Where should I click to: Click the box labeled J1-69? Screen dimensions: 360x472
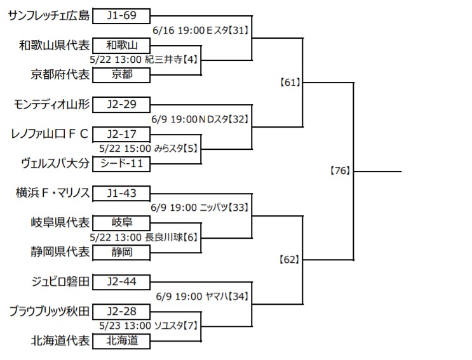(122, 15)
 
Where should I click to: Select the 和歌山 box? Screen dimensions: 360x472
(122, 44)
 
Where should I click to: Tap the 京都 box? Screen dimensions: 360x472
(122, 74)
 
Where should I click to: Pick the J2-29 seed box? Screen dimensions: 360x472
(122, 104)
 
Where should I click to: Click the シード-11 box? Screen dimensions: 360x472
(122, 164)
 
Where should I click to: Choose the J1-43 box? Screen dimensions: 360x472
(122, 193)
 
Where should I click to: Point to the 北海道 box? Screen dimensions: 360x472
(122, 341)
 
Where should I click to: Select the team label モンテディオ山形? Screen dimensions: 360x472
(51, 104)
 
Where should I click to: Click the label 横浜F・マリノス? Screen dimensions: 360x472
(52, 193)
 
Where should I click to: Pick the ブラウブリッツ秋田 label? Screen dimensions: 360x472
(49, 311)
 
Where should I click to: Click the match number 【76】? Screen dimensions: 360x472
(341, 171)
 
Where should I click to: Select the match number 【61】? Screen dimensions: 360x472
(290, 82)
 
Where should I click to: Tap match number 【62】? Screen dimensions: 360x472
(290, 259)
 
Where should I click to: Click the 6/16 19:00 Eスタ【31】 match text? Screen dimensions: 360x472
(200, 30)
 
